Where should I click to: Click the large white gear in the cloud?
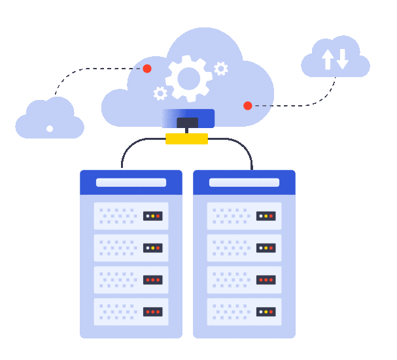point(188,78)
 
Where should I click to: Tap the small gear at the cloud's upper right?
point(221,68)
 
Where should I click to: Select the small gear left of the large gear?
point(160,93)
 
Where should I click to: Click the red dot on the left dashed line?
point(147,69)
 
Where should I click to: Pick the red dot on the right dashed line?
point(248,106)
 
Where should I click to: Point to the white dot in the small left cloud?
point(50,129)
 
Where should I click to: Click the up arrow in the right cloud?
point(328,59)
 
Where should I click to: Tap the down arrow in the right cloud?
point(342,59)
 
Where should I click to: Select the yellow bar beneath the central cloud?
point(186,139)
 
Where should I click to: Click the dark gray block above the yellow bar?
point(187,123)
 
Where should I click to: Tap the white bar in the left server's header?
point(131,182)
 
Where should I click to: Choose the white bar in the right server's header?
point(244,182)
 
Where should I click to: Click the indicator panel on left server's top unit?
point(152,216)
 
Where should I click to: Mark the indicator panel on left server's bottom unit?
point(152,312)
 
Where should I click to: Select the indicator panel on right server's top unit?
point(266,216)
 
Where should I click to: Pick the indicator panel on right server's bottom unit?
point(266,312)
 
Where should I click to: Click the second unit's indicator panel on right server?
point(266,248)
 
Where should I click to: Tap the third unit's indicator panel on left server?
point(152,280)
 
